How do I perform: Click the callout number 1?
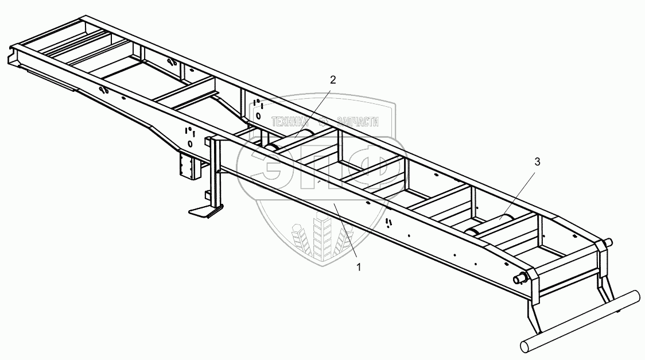tap(359, 266)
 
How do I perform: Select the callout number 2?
tap(332, 80)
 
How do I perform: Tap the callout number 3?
tap(537, 162)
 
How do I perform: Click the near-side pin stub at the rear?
tap(520, 278)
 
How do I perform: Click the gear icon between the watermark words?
tap(322, 121)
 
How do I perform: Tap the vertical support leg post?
tap(216, 172)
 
